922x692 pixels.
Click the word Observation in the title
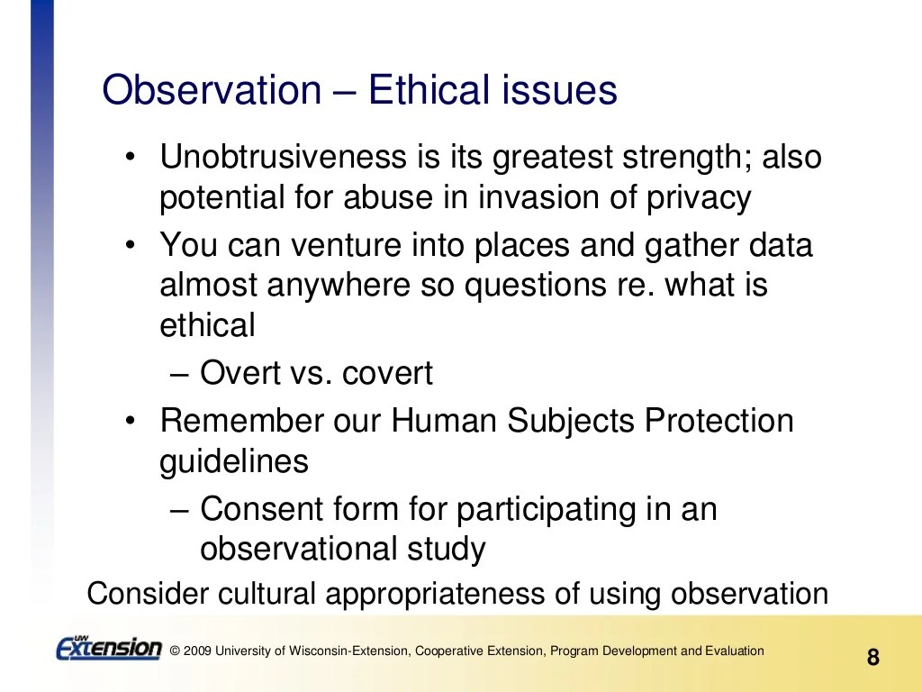tap(211, 91)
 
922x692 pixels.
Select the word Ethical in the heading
tap(429, 91)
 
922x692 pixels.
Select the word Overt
tap(236, 373)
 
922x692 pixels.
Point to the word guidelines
tap(234, 461)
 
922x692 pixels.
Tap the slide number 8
tap(872, 657)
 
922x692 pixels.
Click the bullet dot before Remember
tap(131, 421)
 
